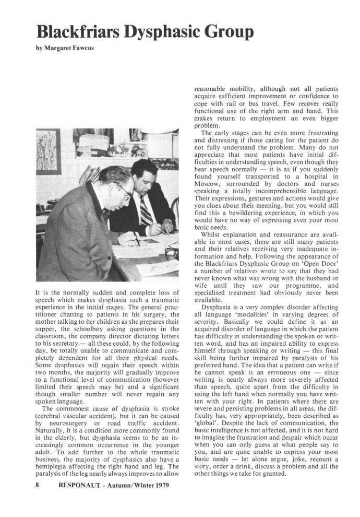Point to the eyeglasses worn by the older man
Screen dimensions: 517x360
(124, 192)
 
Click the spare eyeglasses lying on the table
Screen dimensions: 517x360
(171, 254)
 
